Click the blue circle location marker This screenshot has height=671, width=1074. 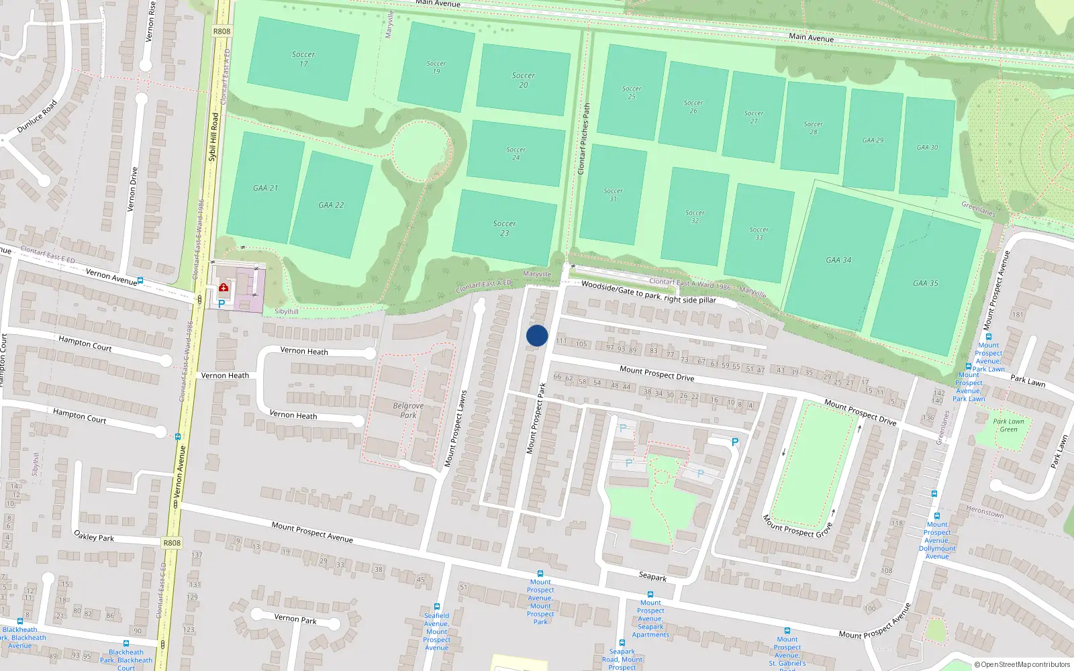(x=537, y=335)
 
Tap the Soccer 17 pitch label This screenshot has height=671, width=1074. (x=303, y=59)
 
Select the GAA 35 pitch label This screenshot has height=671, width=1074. (x=925, y=283)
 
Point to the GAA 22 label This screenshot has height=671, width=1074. (x=331, y=205)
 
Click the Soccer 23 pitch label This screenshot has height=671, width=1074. (x=504, y=228)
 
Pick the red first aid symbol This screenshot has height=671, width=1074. (x=224, y=288)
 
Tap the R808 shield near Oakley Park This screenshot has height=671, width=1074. (x=172, y=543)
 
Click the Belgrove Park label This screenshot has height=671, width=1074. (x=408, y=410)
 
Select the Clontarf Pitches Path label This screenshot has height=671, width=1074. (x=584, y=139)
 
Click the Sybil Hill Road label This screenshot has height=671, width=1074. (x=213, y=137)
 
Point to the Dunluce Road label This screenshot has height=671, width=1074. (x=37, y=116)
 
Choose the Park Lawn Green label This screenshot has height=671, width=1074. (x=1008, y=425)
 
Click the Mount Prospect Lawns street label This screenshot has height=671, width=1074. (x=455, y=429)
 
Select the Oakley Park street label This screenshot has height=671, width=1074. (x=94, y=537)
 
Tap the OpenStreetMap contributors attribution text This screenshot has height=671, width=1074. (x=1022, y=665)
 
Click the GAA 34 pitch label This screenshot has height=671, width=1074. (x=838, y=260)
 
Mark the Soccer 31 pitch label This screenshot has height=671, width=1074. (x=613, y=195)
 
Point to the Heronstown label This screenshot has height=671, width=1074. (x=985, y=512)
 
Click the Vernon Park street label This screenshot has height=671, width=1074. (x=295, y=619)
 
